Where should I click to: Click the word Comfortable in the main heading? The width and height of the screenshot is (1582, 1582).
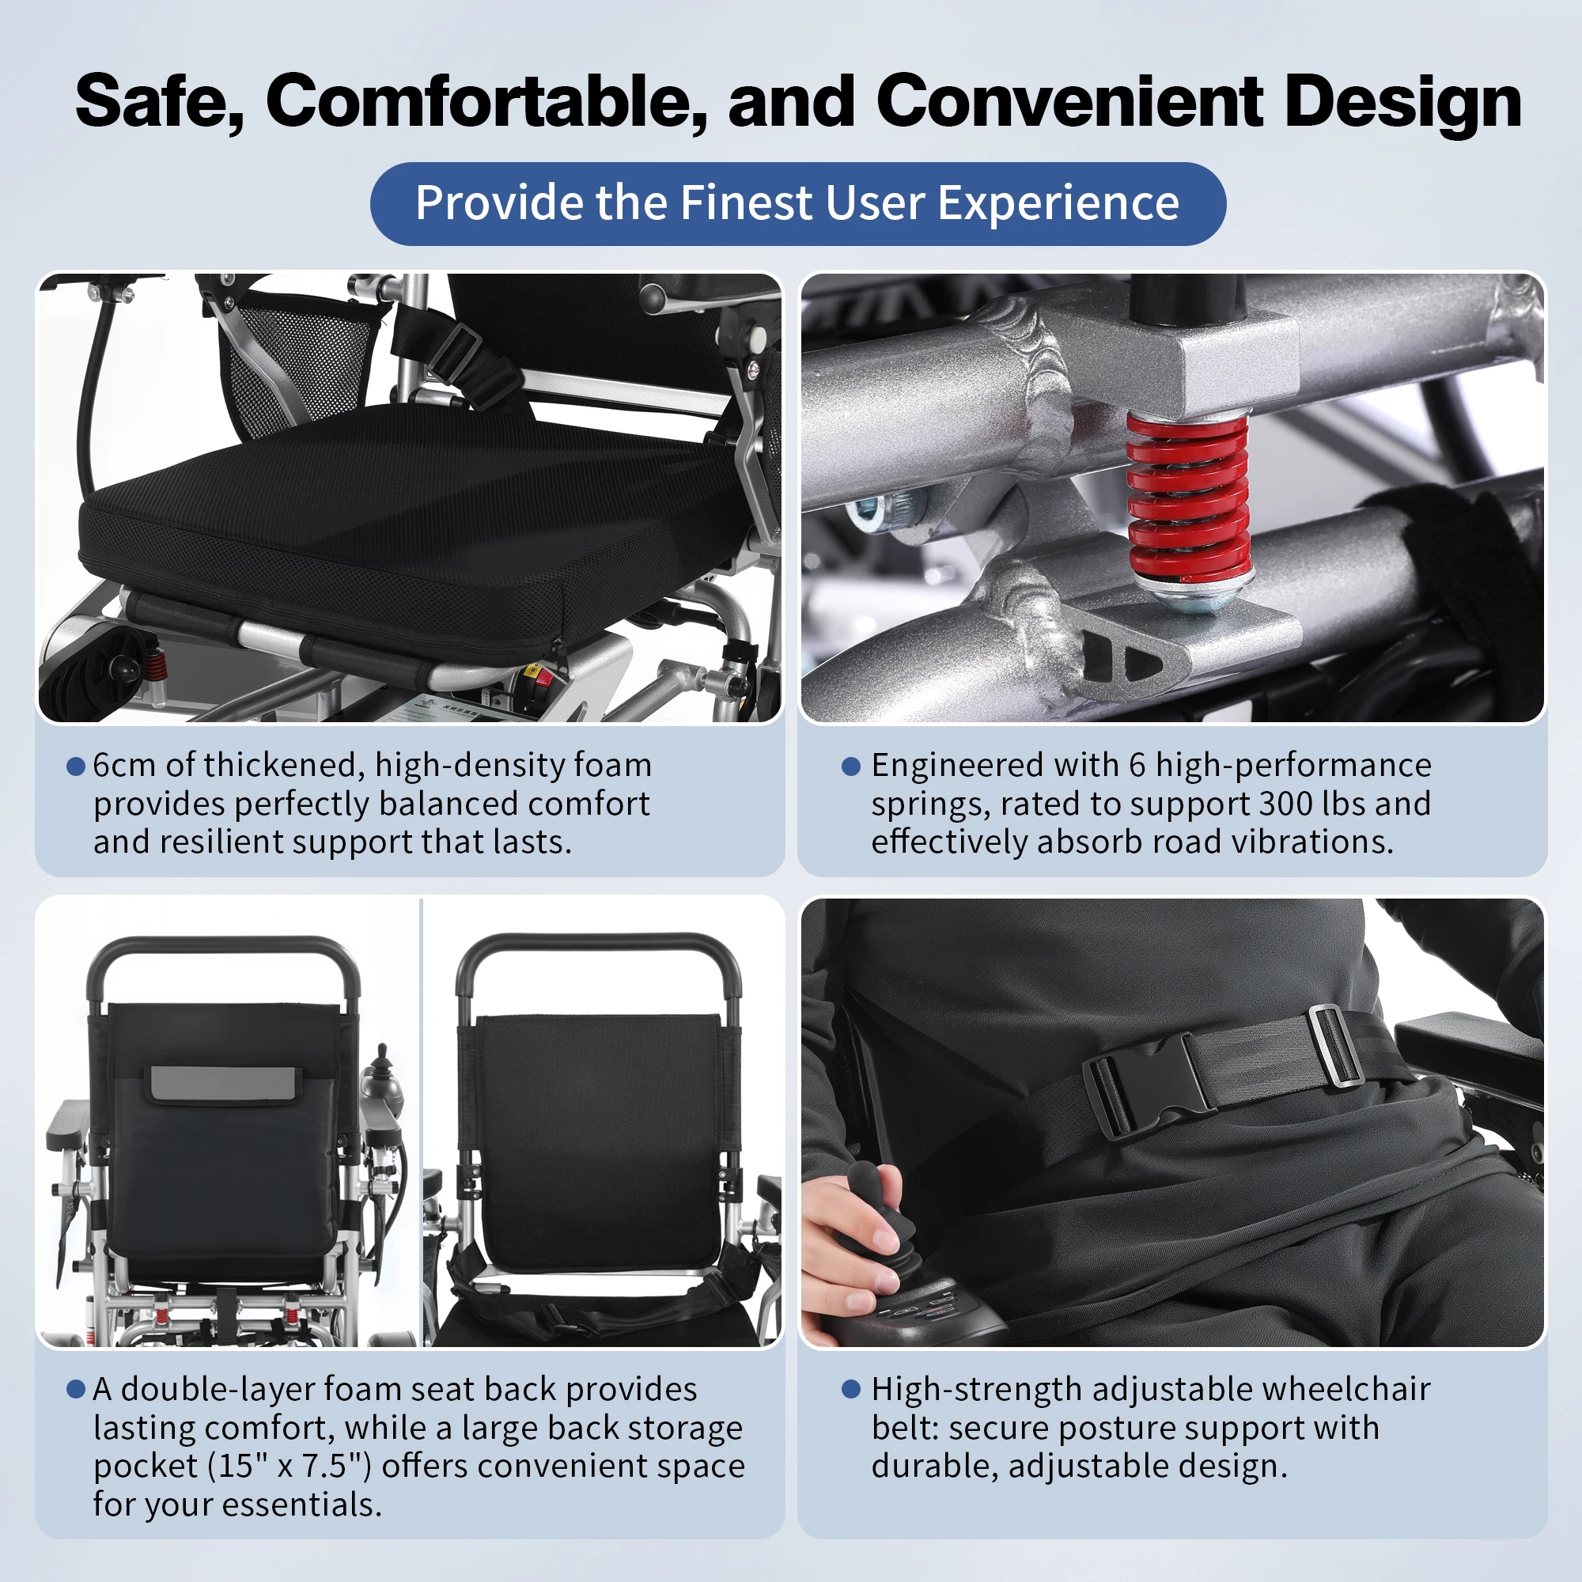486,101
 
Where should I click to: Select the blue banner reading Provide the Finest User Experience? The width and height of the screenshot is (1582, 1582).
797,204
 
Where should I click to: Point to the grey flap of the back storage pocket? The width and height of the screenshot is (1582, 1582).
224,1084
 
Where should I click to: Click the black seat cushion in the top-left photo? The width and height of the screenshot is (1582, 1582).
410,524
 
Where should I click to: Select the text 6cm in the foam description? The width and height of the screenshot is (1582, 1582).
123,766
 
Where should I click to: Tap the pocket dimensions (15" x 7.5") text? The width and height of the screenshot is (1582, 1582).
290,1466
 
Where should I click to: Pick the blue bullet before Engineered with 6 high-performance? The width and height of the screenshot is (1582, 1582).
851,766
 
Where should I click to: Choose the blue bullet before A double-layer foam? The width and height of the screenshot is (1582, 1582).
75,1390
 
